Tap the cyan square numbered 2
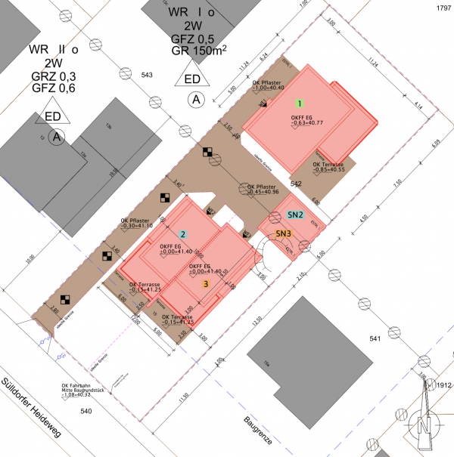182,234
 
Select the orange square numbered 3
207,284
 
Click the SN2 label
295,215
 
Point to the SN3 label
284,234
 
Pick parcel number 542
297,184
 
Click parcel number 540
85,411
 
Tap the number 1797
443,7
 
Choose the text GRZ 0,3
53,76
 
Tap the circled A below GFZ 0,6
55,137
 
